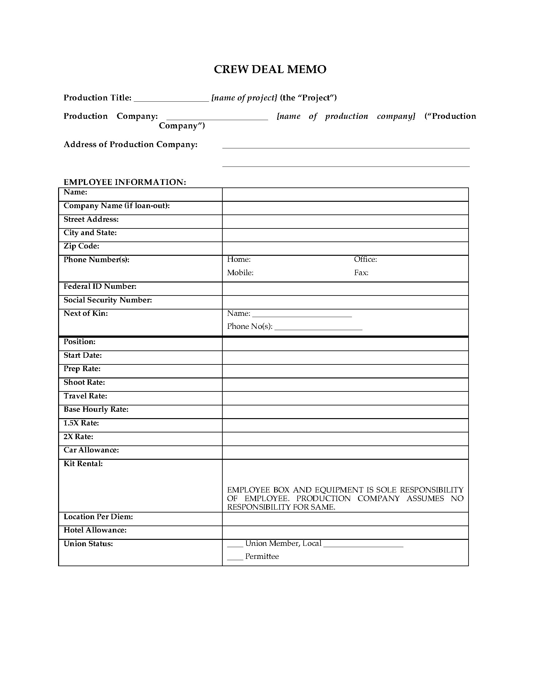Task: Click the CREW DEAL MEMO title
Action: pyautogui.click(x=270, y=70)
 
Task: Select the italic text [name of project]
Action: pyautogui.click(x=244, y=98)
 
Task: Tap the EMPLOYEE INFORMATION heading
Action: pyautogui.click(x=125, y=182)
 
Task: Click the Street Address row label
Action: pyautogui.click(x=91, y=219)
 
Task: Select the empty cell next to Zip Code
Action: pyautogui.click(x=345, y=248)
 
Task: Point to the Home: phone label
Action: pyautogui.click(x=239, y=259)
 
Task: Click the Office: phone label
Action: pyautogui.click(x=365, y=259)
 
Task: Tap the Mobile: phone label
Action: pyautogui.click(x=240, y=273)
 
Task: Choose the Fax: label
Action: pyautogui.click(x=361, y=273)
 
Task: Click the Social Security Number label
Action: pyautogui.click(x=107, y=300)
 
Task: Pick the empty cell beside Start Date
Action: pyautogui.click(x=345, y=357)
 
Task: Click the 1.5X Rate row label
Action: pyautogui.click(x=81, y=423)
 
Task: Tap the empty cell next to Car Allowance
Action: pyautogui.click(x=345, y=452)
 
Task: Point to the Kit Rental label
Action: pyautogui.click(x=83, y=464)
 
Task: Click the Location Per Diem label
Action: pyautogui.click(x=98, y=517)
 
